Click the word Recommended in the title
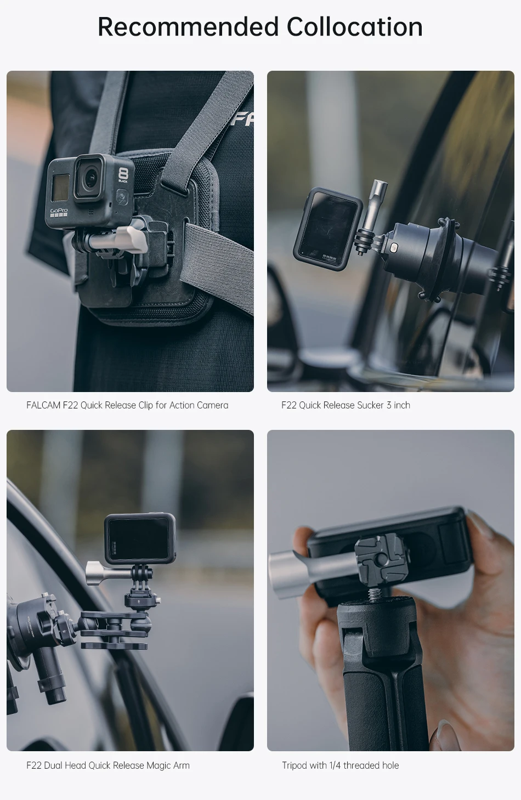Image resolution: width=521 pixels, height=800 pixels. [188, 27]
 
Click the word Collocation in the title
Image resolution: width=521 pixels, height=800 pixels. [355, 27]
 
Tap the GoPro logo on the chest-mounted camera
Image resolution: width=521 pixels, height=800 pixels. [59, 211]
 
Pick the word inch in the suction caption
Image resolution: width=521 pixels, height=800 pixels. [402, 405]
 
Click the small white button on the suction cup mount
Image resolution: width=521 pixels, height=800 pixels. [394, 247]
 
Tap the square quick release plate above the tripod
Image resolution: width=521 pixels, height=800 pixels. [380, 562]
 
